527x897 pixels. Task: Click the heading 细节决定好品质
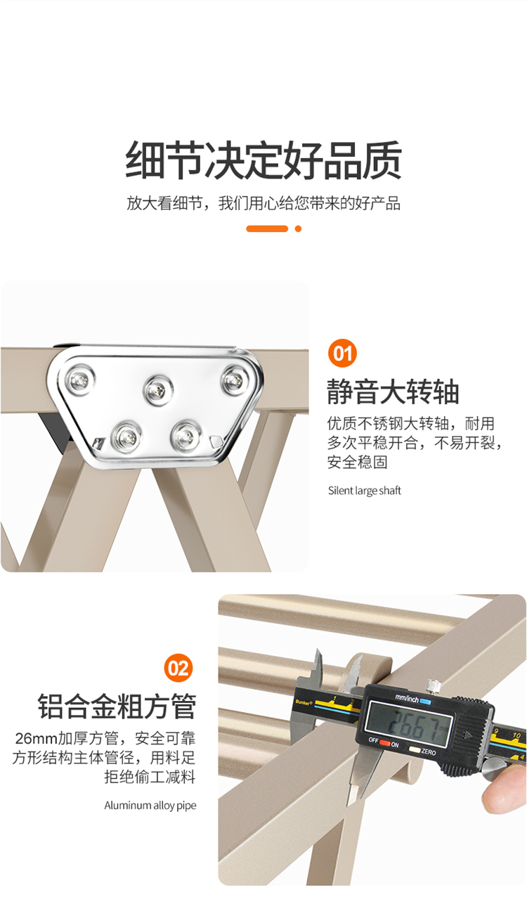(263, 160)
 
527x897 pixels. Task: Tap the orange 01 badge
(342, 353)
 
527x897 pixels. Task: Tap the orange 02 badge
(178, 668)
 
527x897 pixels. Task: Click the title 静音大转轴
(393, 392)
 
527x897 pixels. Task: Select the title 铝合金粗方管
(117, 707)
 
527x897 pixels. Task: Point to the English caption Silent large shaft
(365, 491)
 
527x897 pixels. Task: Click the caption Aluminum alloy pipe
(150, 806)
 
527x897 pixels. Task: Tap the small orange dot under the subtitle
(298, 228)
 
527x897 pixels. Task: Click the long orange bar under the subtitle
(267, 228)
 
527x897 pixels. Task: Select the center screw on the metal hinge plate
(159, 389)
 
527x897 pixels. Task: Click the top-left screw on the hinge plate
(80, 380)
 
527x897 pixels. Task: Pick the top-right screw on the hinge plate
(235, 379)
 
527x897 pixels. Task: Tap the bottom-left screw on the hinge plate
(126, 437)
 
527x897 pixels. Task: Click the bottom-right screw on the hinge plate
(186, 436)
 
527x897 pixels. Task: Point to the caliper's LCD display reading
(409, 723)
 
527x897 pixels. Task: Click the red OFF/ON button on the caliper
(384, 742)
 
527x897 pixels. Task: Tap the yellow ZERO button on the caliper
(415, 749)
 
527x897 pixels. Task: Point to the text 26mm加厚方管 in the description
(67, 738)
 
